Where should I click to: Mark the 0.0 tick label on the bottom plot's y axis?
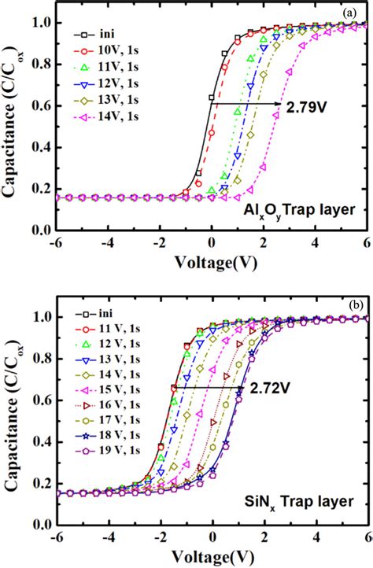[x=35, y=524]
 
